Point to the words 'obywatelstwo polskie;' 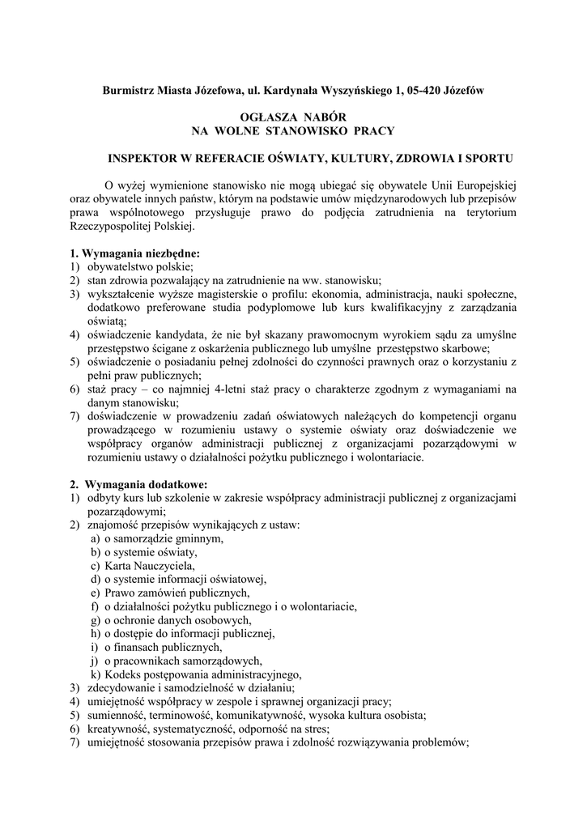tap(139, 266)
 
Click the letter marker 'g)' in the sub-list tap(96, 620)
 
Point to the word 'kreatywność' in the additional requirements tap(118, 729)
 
